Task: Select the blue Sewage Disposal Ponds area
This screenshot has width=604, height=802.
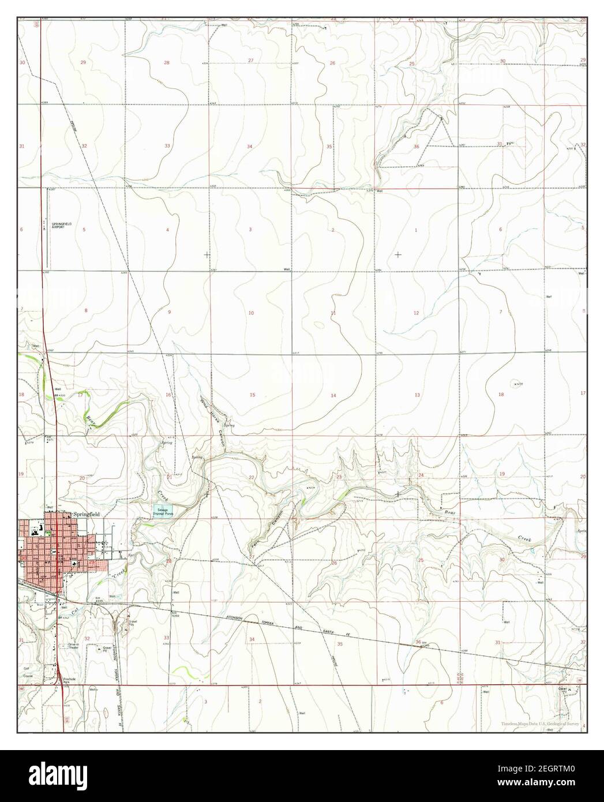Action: tap(162, 511)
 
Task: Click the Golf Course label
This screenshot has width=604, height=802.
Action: tap(26, 676)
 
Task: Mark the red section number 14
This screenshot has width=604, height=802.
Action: tap(333, 395)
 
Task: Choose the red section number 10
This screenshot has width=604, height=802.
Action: tap(251, 313)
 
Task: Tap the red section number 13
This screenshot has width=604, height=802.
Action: tap(417, 395)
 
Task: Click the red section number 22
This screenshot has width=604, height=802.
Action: tap(251, 477)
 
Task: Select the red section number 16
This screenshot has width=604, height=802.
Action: tap(168, 395)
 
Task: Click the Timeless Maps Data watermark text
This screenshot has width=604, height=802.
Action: tap(540, 723)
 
